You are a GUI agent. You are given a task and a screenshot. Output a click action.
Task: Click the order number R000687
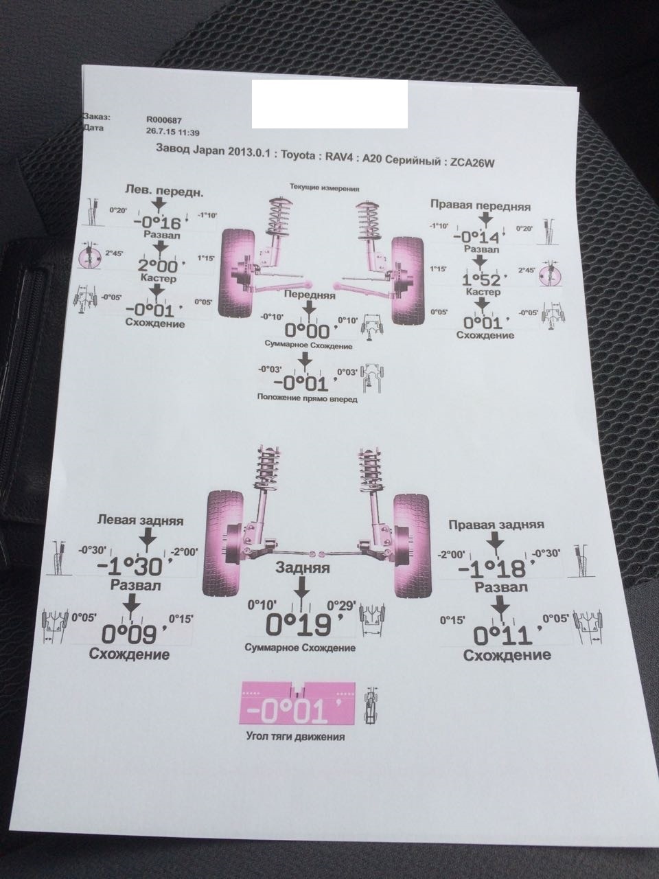tap(164, 119)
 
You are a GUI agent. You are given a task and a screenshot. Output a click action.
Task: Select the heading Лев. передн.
tap(163, 190)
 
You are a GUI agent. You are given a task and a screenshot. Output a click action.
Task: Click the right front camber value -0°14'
tap(482, 237)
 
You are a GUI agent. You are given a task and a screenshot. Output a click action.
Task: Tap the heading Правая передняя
tap(481, 205)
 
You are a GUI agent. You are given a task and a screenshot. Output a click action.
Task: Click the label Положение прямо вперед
tap(307, 398)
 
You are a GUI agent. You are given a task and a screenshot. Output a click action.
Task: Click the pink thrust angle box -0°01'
tap(296, 704)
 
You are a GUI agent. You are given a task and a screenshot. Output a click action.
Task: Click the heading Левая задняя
tap(140, 521)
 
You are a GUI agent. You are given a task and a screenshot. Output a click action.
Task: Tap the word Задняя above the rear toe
tap(302, 568)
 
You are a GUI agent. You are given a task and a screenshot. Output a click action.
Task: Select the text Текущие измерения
tap(325, 187)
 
